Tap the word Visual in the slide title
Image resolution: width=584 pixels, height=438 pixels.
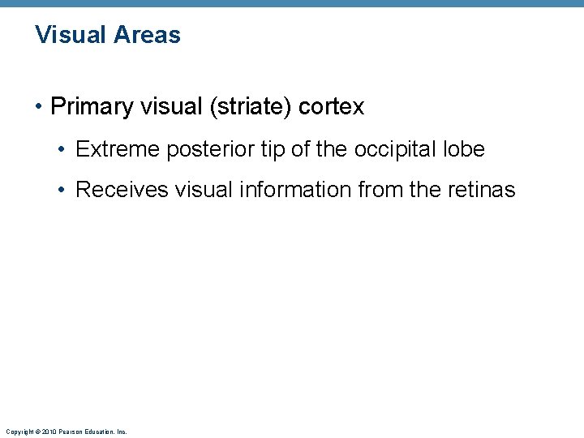click(71, 35)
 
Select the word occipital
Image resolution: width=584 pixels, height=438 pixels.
click(397, 149)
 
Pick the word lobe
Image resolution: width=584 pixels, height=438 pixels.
click(465, 149)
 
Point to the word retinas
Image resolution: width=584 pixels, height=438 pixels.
click(481, 190)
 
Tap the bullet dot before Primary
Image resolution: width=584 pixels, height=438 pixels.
click(40, 107)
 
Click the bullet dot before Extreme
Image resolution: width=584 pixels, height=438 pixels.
click(63, 150)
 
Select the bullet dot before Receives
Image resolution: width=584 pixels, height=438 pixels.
click(63, 191)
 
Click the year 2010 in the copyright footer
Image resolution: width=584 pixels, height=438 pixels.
click(49, 432)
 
